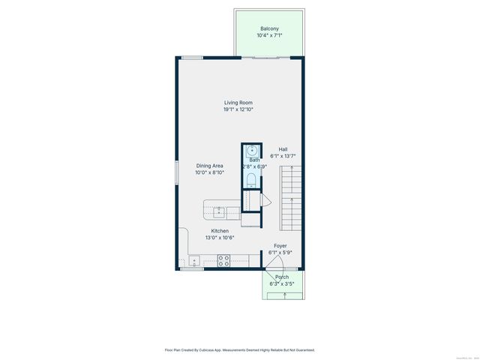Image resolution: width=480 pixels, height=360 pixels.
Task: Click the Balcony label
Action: coord(269,28)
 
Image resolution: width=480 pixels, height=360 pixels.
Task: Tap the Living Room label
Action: coord(238,103)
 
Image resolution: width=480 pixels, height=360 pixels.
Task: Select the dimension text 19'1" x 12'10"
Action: coord(238,109)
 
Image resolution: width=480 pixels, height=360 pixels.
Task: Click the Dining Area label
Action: coord(210,165)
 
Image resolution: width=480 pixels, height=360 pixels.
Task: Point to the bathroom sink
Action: coord(253,150)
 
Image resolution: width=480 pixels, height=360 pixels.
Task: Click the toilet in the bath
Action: coord(252,178)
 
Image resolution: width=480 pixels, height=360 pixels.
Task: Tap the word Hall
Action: coord(283,149)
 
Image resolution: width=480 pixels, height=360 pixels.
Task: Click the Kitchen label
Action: coord(220,231)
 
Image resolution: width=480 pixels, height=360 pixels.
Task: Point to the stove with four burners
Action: coord(223,261)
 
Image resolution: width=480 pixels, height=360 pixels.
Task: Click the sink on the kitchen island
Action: coord(219,211)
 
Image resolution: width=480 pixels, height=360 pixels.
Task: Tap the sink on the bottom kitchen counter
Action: coord(193,262)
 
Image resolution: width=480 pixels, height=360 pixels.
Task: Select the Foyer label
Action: coord(280,245)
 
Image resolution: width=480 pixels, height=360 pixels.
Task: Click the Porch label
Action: coord(281,277)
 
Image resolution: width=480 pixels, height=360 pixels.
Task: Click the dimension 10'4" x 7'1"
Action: coord(269,35)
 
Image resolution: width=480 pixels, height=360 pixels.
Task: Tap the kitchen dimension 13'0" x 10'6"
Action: coord(220,238)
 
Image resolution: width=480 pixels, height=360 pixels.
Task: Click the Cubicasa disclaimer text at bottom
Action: coord(239,349)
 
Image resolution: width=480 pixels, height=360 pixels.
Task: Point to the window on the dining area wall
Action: coord(177,170)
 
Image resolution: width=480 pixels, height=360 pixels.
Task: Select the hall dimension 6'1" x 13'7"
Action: coord(283,156)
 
